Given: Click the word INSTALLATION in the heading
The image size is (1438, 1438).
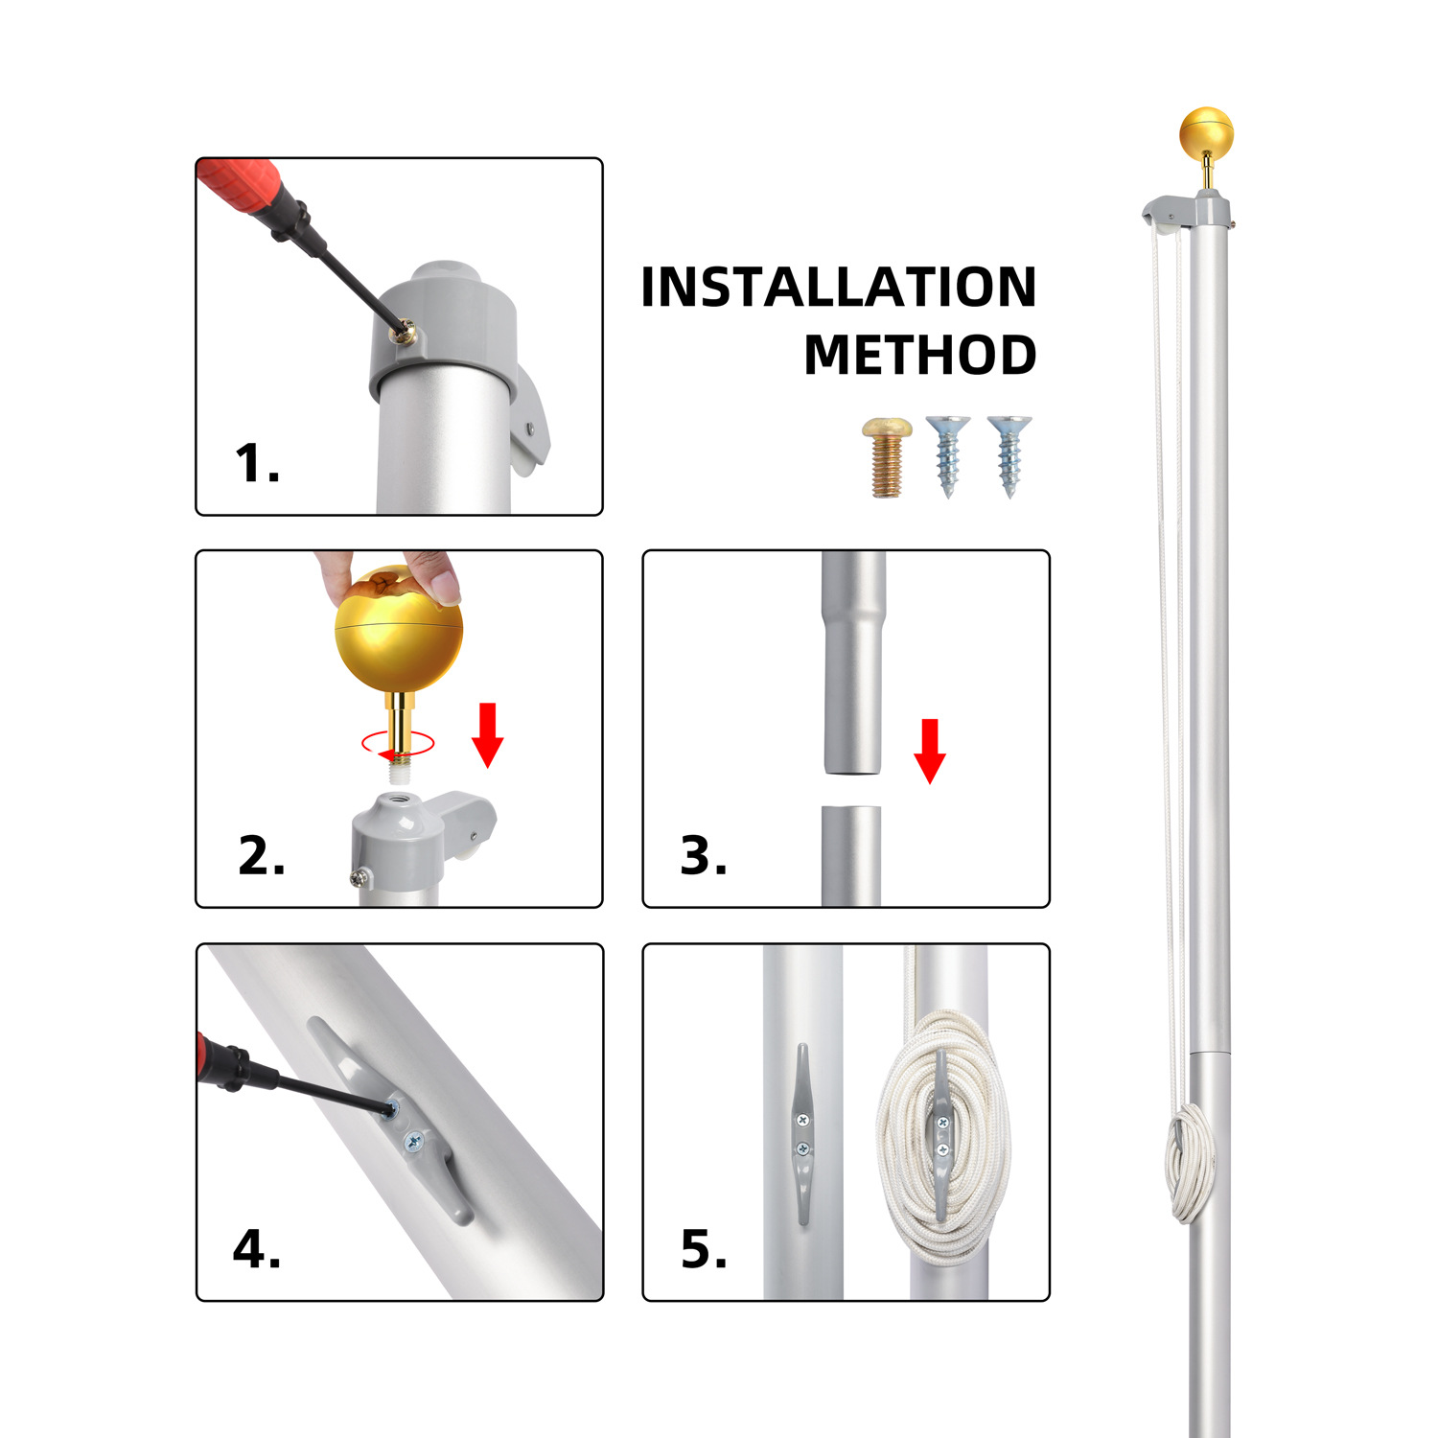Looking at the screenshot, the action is (839, 287).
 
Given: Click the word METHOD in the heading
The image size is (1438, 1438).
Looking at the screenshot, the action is (920, 355).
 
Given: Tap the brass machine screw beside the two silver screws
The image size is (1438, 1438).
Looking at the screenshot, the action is (886, 457).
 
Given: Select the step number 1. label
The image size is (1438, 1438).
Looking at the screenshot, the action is (257, 463).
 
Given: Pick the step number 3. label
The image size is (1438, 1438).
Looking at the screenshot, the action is (704, 855).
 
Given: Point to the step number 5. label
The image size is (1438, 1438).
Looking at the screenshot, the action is (704, 1249).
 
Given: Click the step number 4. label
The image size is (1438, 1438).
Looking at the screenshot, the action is (257, 1249).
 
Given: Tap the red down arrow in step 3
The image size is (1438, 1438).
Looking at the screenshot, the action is (930, 751).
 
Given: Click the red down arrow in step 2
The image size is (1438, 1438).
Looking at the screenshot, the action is (488, 734).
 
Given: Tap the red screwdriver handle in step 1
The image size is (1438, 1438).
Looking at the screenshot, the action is (240, 186).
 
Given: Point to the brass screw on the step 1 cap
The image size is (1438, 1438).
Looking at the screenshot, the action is (406, 330).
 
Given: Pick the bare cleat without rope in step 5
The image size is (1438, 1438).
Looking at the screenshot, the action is (803, 1134).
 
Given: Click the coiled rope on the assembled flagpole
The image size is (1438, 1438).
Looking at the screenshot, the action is (1189, 1162).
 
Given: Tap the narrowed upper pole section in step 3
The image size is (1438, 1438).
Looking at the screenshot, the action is (852, 662).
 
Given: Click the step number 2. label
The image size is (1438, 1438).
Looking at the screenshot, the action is (262, 855).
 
